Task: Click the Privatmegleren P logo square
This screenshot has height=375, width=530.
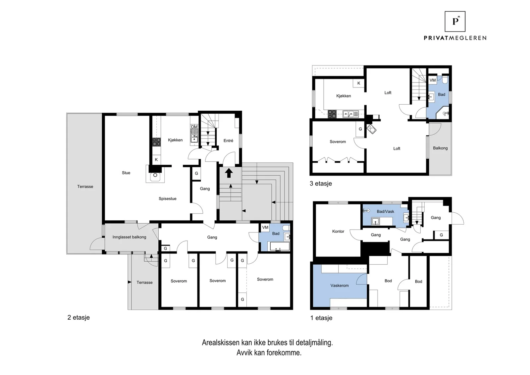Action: tap(455, 22)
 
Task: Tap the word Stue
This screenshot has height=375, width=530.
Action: tap(126, 173)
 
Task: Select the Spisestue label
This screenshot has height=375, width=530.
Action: tap(168, 199)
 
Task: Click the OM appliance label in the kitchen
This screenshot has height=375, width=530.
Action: tap(194, 127)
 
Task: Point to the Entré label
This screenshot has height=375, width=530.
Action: tap(228, 141)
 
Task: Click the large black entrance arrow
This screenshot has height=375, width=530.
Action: tap(229, 173)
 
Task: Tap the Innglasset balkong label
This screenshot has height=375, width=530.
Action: tap(130, 237)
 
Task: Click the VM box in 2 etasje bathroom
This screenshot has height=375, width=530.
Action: tap(265, 227)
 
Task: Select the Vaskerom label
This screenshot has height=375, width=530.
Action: tap(340, 286)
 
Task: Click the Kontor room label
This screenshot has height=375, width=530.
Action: tap(338, 231)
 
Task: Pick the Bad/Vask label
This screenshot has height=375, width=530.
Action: tap(386, 211)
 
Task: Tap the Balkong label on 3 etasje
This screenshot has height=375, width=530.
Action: tap(440, 148)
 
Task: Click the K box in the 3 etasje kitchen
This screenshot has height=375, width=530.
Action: tap(359, 83)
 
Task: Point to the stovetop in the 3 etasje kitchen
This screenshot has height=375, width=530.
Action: tap(332, 114)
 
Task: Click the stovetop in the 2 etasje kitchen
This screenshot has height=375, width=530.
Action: tap(156, 142)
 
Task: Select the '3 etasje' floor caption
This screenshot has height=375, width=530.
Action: tap(321, 184)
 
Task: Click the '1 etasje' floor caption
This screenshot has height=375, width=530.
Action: tap(321, 318)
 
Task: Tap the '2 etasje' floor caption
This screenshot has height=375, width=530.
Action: tap(79, 317)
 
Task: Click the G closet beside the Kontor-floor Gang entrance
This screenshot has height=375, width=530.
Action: tap(441, 235)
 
